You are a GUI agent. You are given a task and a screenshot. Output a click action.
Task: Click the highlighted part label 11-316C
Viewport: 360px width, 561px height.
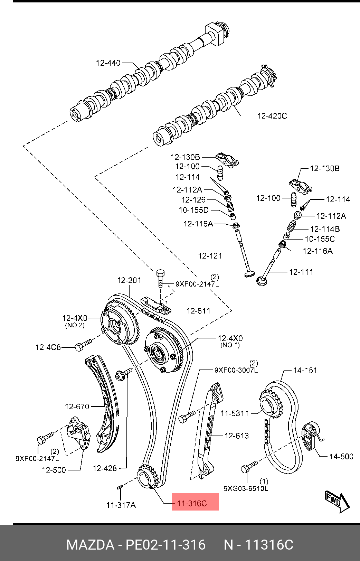coord(192,503)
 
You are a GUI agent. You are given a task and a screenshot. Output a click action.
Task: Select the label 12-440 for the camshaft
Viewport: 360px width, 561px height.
coord(108,63)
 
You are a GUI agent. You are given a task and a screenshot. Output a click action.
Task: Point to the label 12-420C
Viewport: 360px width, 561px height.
coord(272,116)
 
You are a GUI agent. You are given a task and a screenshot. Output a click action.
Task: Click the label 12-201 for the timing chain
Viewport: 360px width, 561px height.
coord(129,280)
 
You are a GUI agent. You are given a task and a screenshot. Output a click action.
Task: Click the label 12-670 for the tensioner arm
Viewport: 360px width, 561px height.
coord(77,407)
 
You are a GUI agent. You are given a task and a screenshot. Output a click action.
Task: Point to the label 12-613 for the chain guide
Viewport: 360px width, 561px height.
coord(237,436)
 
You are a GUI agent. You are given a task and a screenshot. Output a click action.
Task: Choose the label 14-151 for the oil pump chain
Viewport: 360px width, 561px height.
coord(305,371)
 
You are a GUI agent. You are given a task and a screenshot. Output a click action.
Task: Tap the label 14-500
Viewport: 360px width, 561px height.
coord(341,457)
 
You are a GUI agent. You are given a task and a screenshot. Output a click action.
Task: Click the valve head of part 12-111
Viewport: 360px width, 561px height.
coord(262,280)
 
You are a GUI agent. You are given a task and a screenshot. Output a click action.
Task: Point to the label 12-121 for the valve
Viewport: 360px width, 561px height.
coord(210,256)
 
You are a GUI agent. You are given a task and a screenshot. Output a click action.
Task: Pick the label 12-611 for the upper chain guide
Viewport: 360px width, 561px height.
coord(199,311)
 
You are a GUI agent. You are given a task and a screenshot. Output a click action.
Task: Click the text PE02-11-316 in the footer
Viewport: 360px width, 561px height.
coord(165,545)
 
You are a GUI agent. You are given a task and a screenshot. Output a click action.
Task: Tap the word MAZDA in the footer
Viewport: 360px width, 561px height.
coord(90,545)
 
